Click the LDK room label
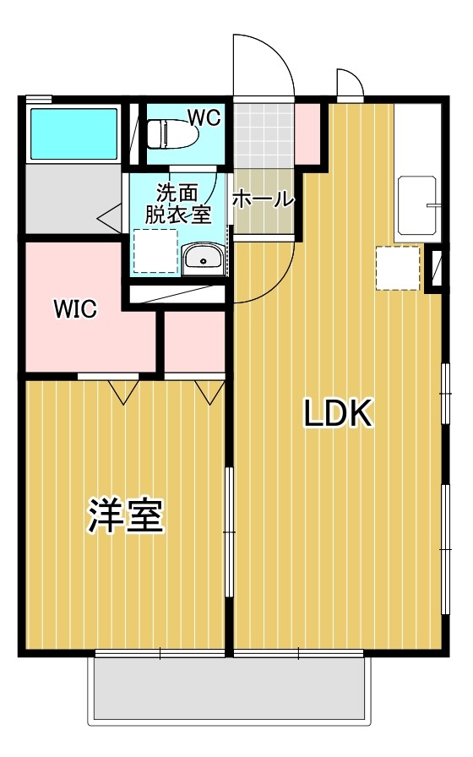coord(338,413)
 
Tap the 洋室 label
coord(126,515)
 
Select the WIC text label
coord(75,309)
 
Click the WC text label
coord(204,118)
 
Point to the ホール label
coord(263,199)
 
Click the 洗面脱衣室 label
coord(177,204)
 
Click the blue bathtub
coord(73,133)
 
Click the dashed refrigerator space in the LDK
coord(397,268)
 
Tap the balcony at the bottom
coord(230,689)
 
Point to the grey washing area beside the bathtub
coord(73,198)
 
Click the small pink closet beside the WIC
coord(194,340)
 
